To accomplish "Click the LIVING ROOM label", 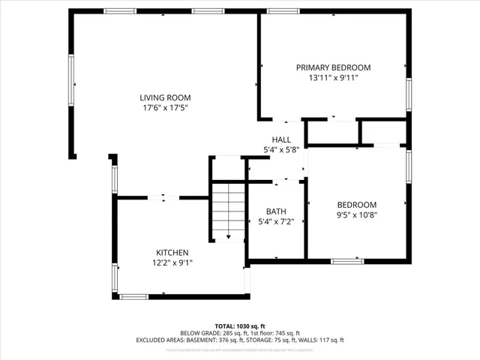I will pos(165,97).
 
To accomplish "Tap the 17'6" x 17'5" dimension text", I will pos(165,108).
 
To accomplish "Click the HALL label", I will pos(281,139).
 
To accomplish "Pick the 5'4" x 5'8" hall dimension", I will pos(281,150).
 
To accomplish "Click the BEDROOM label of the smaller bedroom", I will pos(356,204).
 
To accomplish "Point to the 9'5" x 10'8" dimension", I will pos(356,214).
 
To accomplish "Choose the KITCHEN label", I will pos(172,253).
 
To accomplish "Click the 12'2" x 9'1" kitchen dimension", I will pos(172,263).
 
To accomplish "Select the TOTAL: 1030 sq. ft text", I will pos(240,326).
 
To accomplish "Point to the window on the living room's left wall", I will pos(73,81).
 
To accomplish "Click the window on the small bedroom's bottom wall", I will pos(348,261).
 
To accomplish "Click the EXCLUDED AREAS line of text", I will pos(240,340).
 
